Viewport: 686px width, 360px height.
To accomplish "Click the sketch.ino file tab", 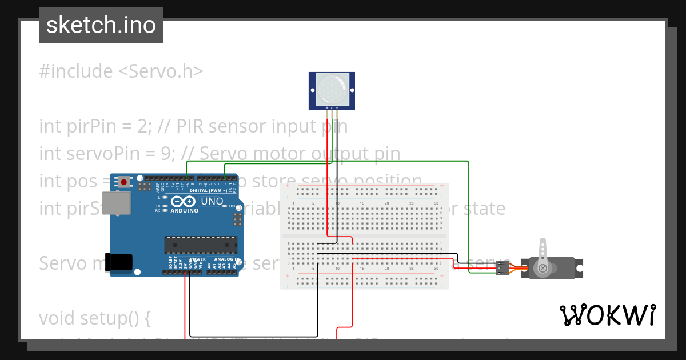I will click(101, 25).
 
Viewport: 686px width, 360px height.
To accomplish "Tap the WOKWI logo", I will click(607, 315).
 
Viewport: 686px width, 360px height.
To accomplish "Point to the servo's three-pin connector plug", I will click(502, 267).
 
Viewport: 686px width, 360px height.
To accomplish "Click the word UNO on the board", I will click(206, 201).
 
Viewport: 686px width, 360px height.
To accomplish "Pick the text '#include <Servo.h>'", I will click(121, 71).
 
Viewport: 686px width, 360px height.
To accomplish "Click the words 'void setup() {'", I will click(95, 318).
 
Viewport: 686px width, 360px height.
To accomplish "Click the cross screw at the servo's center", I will click(543, 268).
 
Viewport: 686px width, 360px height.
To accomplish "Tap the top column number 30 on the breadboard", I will click(436, 203).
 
